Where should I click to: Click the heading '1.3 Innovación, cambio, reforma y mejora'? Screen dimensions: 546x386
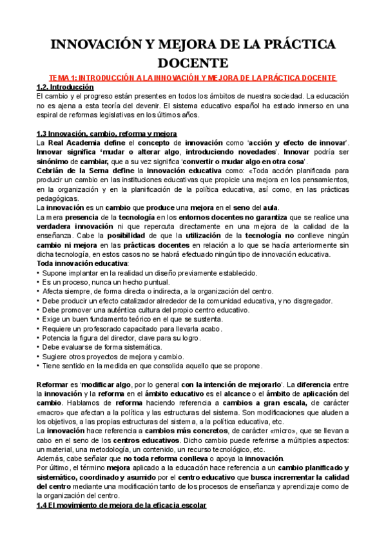pyautogui.click(x=106, y=133)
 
